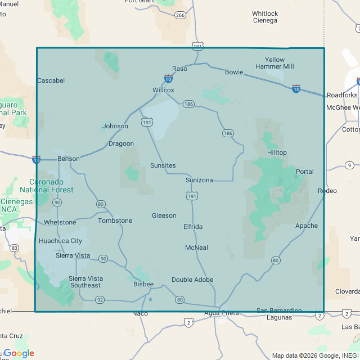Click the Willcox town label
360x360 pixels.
coord(163,90)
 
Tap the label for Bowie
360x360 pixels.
coord(234,72)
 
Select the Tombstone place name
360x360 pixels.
coord(115,220)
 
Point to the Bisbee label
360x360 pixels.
coord(143,285)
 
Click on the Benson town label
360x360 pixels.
coord(69,159)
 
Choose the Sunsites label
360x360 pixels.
coord(163,165)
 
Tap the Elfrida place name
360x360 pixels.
coord(193,227)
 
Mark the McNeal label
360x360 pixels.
coord(196,247)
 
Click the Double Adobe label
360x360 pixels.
coord(192,280)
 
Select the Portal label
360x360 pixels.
coord(305,172)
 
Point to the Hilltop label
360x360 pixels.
coord(277,152)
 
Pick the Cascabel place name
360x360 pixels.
coord(51,80)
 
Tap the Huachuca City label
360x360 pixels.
coord(60,241)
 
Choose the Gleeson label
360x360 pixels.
coord(164,215)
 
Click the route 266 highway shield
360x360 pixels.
coord(180,15)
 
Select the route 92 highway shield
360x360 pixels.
coord(100,300)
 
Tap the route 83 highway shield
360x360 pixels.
coord(14,247)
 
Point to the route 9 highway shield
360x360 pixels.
coord(349,165)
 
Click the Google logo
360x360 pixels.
coord(19,353)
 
